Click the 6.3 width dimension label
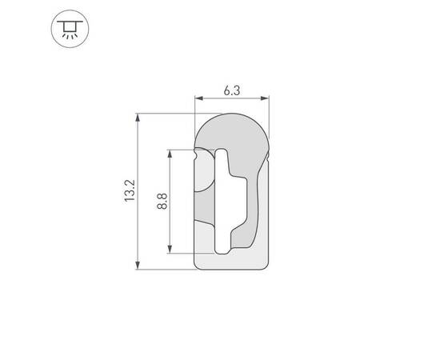tap(232, 90)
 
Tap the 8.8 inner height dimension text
tap(162, 201)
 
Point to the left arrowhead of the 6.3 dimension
tap(199, 99)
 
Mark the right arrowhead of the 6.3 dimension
tap(266, 99)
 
